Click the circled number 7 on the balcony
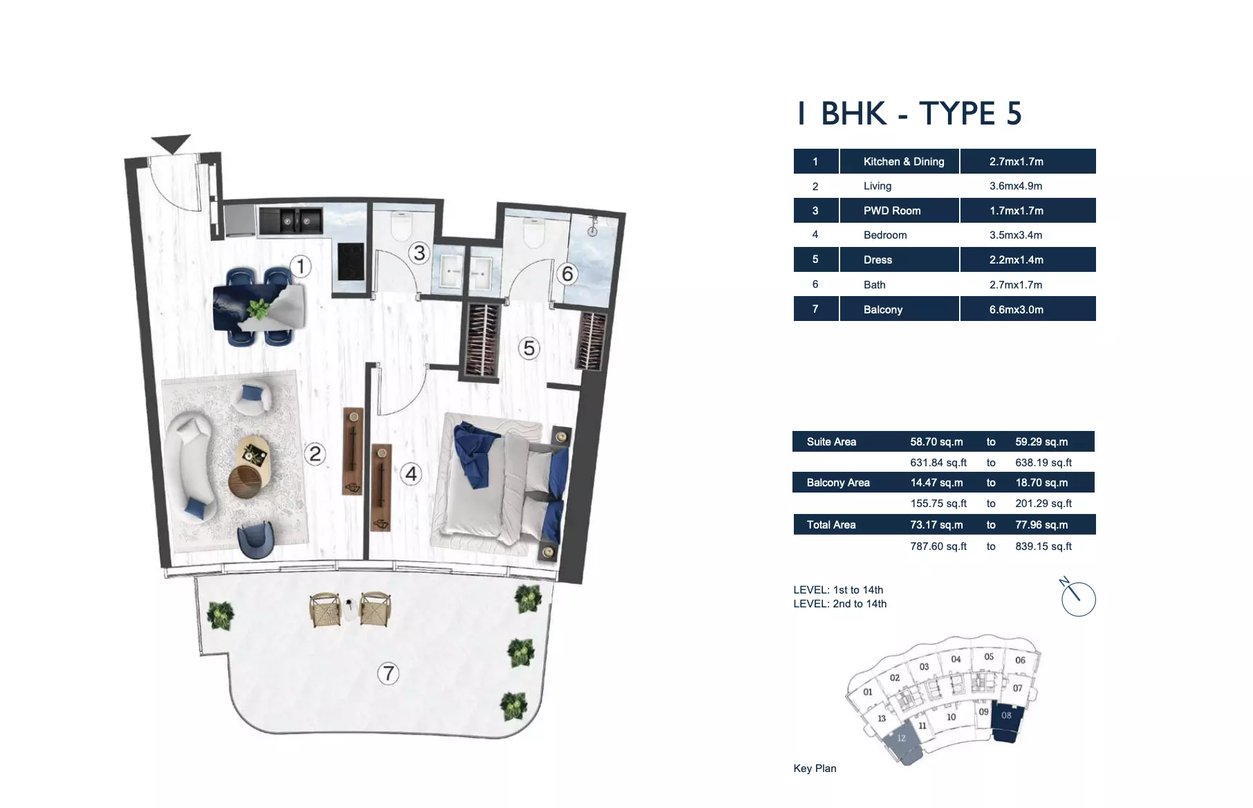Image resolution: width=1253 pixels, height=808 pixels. pyautogui.click(x=389, y=673)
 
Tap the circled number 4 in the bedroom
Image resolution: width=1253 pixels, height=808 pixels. pyautogui.click(x=411, y=474)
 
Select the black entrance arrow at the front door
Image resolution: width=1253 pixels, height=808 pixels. pyautogui.click(x=171, y=143)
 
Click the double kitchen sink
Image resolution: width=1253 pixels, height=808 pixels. pyautogui.click(x=290, y=221)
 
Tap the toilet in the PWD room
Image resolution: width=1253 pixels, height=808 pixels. pyautogui.click(x=402, y=226)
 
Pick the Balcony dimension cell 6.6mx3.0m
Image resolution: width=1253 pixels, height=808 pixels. pyautogui.click(x=1016, y=309)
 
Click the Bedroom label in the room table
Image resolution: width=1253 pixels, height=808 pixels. pyautogui.click(x=884, y=235)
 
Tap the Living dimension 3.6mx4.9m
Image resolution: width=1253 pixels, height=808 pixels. pyautogui.click(x=1015, y=186)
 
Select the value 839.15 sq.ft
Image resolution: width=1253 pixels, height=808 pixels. pyautogui.click(x=1043, y=547)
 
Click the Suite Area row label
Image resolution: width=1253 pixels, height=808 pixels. pyautogui.click(x=831, y=442)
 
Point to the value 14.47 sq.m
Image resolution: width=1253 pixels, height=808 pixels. pyautogui.click(x=936, y=483)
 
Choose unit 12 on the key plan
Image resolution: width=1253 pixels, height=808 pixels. pyautogui.click(x=902, y=744)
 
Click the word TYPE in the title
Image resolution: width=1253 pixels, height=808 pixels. pyautogui.click(x=956, y=113)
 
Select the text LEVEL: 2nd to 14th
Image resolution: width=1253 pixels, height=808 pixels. pyautogui.click(x=839, y=604)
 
